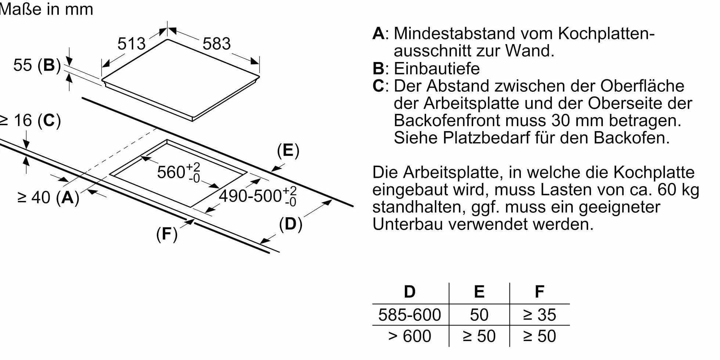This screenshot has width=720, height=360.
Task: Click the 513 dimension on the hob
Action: click(132, 44)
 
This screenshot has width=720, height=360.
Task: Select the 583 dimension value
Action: click(217, 44)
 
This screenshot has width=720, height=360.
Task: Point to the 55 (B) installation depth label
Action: click(37, 65)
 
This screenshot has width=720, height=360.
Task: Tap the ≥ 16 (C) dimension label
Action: click(30, 120)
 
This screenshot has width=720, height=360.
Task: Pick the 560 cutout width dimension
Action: click(179, 172)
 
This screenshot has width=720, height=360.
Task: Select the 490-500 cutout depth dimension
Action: click(258, 196)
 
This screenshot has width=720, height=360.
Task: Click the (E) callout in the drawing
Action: click(288, 151)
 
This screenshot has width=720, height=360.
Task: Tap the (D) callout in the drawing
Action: click(291, 224)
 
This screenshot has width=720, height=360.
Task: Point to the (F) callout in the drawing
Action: click(167, 234)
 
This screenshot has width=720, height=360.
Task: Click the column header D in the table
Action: click(410, 292)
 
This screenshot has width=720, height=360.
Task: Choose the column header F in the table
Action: click(539, 292)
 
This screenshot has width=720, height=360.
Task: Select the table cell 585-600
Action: click(410, 315)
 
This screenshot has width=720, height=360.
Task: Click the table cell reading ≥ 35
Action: click(539, 315)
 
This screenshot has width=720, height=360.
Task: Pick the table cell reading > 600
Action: click(410, 336)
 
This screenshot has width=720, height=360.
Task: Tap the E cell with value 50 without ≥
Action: click(479, 315)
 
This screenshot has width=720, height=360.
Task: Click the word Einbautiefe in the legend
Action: click(437, 69)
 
